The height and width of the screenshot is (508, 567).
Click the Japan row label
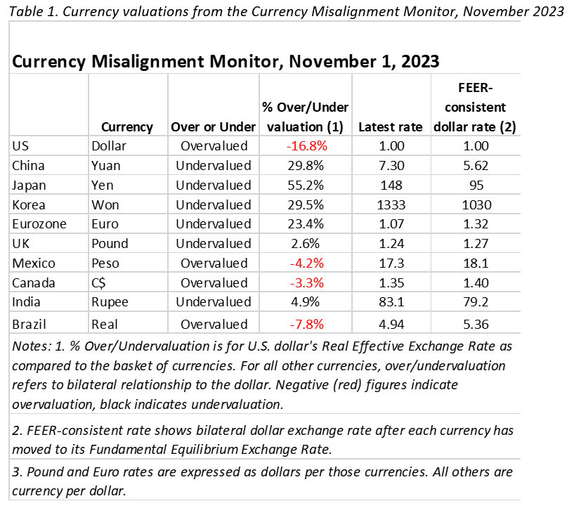pyautogui.click(x=29, y=185)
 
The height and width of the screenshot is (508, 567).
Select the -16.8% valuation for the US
pyautogui.click(x=306, y=146)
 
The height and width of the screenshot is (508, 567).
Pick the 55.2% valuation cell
pyautogui.click(x=306, y=185)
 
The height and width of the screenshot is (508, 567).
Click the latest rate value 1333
pyautogui.click(x=391, y=205)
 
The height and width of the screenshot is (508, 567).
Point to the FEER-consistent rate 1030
pyautogui.click(x=476, y=205)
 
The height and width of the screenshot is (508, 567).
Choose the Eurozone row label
pyautogui.click(x=39, y=224)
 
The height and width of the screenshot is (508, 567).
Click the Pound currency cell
pyautogui.click(x=110, y=244)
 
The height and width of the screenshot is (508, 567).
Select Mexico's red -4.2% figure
pyautogui.click(x=306, y=263)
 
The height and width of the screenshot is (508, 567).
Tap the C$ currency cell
pyautogui.click(x=98, y=282)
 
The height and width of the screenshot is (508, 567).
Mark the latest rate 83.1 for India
pyautogui.click(x=391, y=302)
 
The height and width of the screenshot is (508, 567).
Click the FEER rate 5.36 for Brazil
pyautogui.click(x=476, y=325)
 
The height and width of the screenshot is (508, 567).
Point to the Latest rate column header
pyautogui.click(x=391, y=127)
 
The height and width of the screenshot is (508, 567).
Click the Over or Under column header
pyautogui.click(x=214, y=127)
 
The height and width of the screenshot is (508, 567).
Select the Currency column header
pyautogui.click(x=127, y=127)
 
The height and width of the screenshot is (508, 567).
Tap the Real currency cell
pyautogui.click(x=105, y=325)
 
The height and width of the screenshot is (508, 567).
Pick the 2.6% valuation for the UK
pyautogui.click(x=305, y=244)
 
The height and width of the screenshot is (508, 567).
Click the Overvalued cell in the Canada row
pyautogui.click(x=214, y=282)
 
